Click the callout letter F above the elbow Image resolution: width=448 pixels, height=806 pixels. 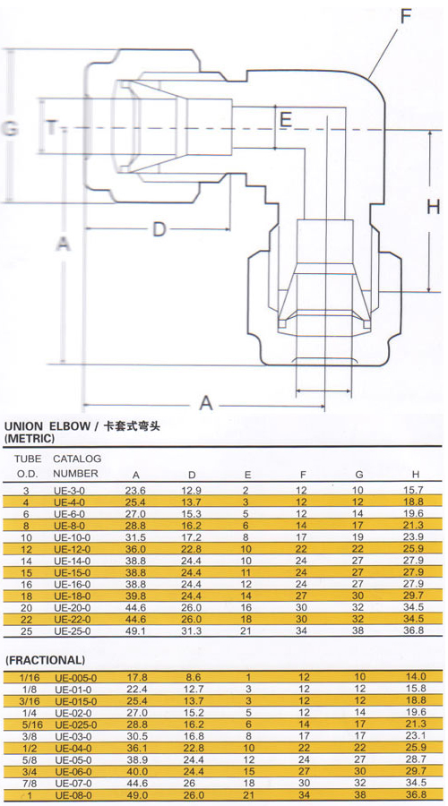[407, 17]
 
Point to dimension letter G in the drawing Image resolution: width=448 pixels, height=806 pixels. [10, 127]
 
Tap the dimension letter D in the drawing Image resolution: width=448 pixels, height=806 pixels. [159, 229]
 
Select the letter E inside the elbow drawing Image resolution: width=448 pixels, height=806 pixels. [286, 120]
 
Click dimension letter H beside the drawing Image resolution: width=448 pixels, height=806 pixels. [434, 207]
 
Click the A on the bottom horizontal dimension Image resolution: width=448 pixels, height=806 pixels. [206, 402]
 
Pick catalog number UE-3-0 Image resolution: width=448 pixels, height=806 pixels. [69, 491]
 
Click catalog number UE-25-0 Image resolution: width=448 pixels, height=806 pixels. [72, 630]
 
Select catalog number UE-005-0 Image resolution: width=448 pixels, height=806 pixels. [75, 678]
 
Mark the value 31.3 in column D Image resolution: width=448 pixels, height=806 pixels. [192, 630]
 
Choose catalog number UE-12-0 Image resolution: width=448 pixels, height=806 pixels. [72, 549]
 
